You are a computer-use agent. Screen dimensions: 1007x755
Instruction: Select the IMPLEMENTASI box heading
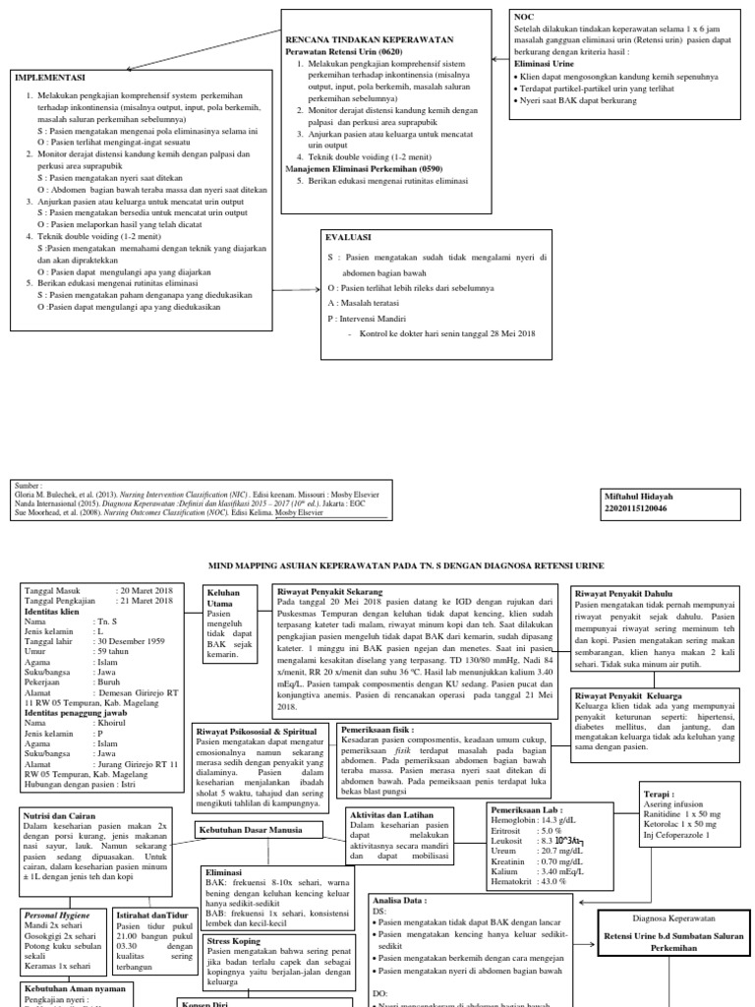click(50, 77)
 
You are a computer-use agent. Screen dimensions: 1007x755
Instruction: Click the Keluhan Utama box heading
click(225, 599)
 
